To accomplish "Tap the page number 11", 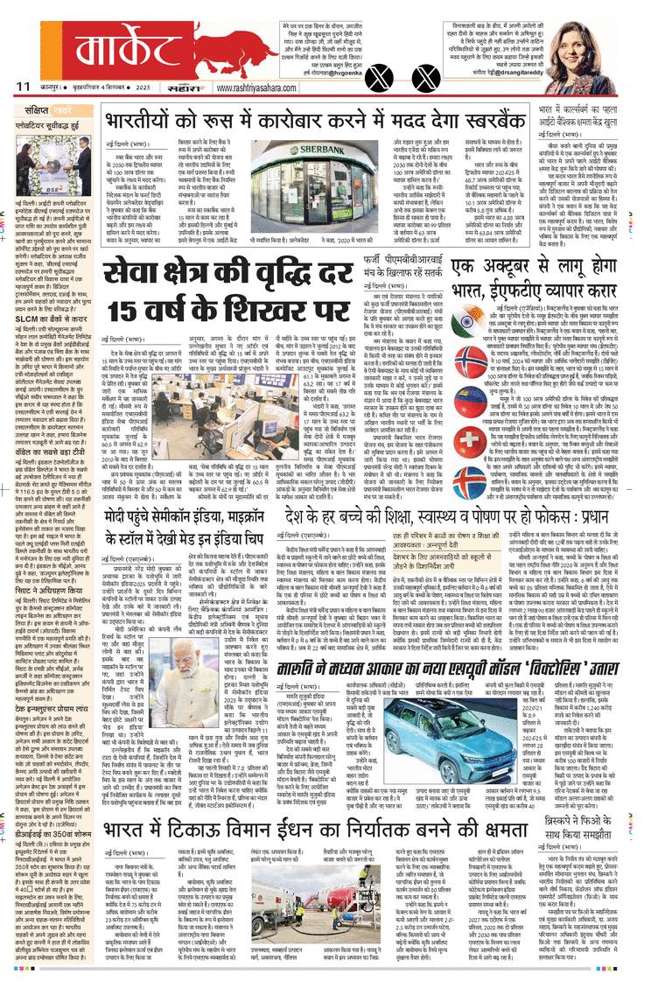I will tap(23, 87).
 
